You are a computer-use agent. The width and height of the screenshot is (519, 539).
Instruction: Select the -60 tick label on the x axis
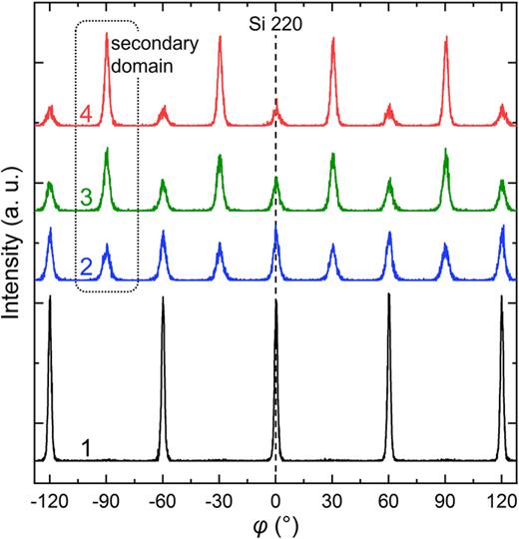pos(161,500)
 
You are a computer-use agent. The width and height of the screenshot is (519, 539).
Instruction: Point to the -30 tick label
pos(218,500)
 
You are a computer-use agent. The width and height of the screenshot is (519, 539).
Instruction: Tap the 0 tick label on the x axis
pos(275,500)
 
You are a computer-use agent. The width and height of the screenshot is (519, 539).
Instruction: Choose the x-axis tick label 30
pos(332,500)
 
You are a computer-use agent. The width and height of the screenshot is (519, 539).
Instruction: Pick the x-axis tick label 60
pos(389,500)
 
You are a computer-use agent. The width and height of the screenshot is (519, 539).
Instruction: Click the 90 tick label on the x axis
pos(445,500)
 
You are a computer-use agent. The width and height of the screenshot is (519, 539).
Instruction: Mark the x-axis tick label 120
pos(501,500)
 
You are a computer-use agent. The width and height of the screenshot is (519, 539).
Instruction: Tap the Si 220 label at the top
pos(275,14)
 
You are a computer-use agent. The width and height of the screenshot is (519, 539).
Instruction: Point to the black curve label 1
pos(86,448)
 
